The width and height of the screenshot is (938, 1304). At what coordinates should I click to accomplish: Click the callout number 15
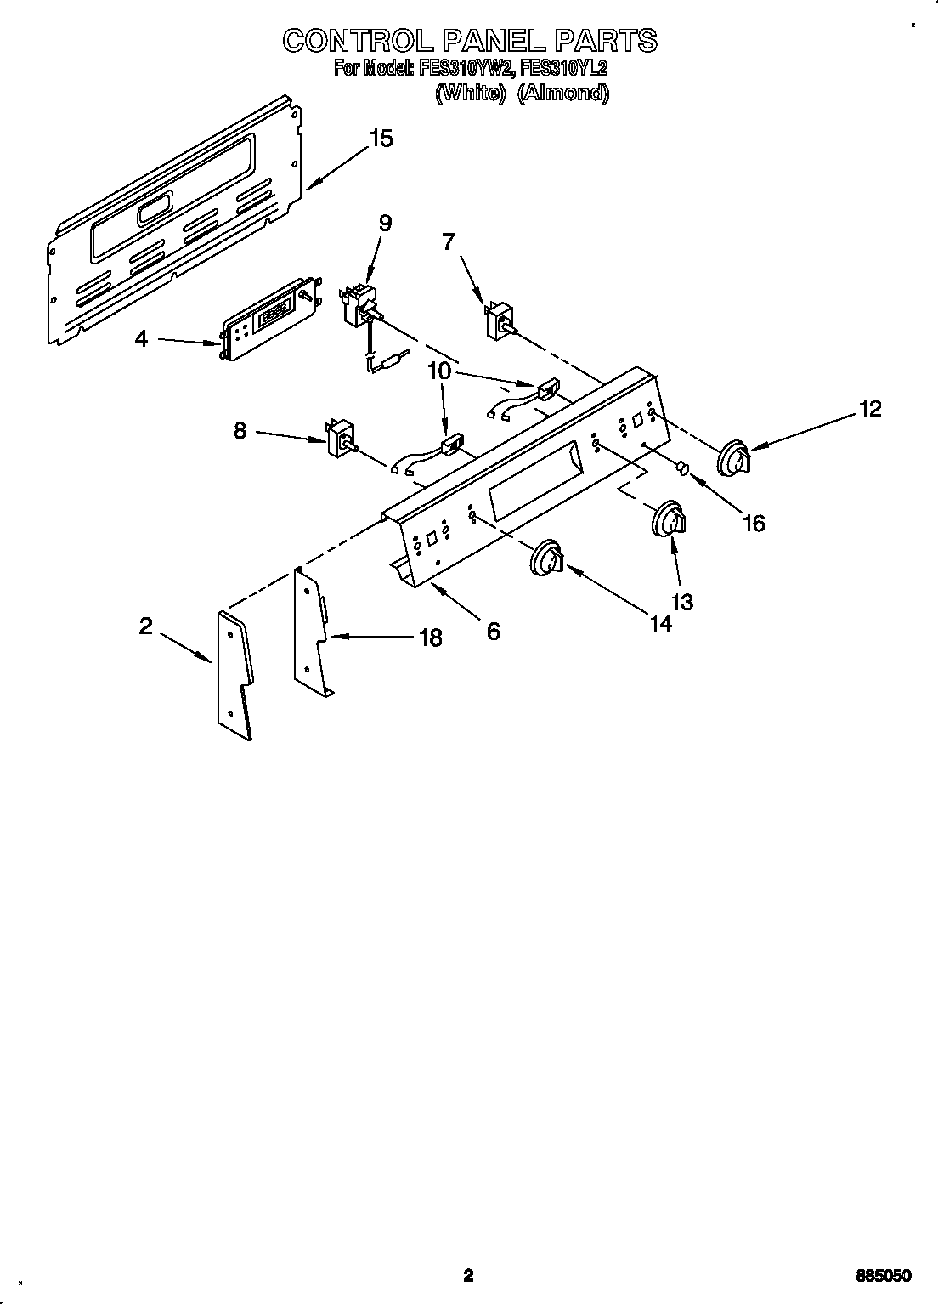(x=381, y=139)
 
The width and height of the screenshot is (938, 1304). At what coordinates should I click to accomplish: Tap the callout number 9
(x=385, y=224)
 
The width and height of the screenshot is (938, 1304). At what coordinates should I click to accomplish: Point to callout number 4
(x=141, y=339)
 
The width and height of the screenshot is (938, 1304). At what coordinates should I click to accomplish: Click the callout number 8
(x=240, y=431)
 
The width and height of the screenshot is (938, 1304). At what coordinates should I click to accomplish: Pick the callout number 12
(x=869, y=409)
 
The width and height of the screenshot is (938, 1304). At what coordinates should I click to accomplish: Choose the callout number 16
(x=753, y=523)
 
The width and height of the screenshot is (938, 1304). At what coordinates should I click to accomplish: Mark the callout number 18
(x=431, y=638)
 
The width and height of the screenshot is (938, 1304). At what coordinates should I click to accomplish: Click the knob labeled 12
(x=733, y=457)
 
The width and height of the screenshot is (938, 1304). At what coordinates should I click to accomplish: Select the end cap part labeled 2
(x=235, y=674)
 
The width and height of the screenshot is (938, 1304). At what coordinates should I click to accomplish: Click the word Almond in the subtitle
(x=563, y=93)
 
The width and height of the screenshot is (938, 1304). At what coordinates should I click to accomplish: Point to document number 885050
(x=884, y=1275)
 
